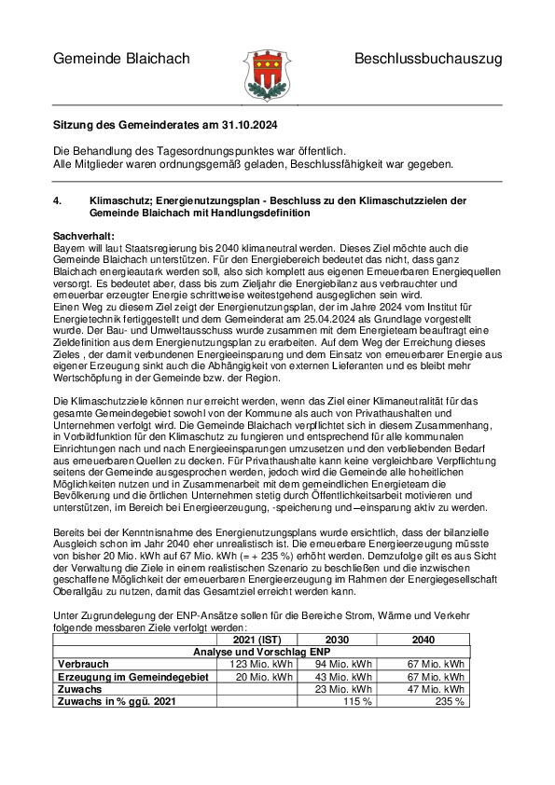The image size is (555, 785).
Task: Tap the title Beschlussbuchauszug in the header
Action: tap(427, 59)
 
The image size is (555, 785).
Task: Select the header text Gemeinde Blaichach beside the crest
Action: tap(121, 59)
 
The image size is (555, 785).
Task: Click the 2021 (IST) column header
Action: tap(257, 639)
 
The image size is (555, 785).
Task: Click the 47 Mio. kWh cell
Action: tap(437, 688)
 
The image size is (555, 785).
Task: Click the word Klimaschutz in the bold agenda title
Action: tap(120, 200)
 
